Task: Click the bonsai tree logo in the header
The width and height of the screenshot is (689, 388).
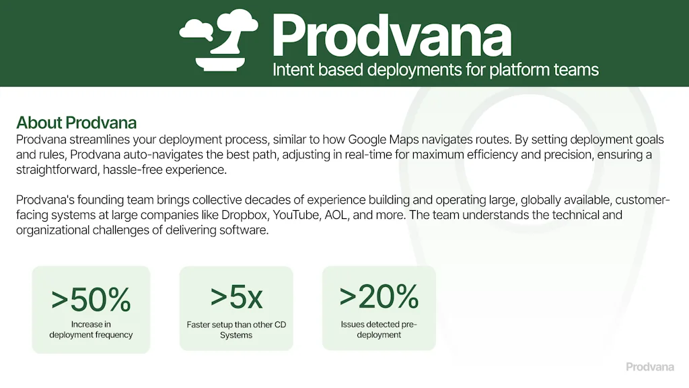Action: [219, 39]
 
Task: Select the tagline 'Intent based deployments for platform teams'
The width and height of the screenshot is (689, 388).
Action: [435, 69]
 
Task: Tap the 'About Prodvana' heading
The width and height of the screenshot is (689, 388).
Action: [76, 123]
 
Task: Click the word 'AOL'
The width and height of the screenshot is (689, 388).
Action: [477, 215]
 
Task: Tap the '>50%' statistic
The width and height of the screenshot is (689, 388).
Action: [91, 300]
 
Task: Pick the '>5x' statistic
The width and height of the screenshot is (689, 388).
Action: [236, 296]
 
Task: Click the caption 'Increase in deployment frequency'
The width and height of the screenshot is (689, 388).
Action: [91, 329]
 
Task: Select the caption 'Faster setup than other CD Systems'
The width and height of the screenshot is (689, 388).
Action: [236, 329]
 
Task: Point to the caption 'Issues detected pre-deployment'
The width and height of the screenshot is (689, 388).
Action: [379, 329]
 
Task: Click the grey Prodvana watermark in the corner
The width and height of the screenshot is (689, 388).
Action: [651, 367]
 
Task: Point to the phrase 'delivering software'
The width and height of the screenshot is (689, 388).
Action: [219, 230]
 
